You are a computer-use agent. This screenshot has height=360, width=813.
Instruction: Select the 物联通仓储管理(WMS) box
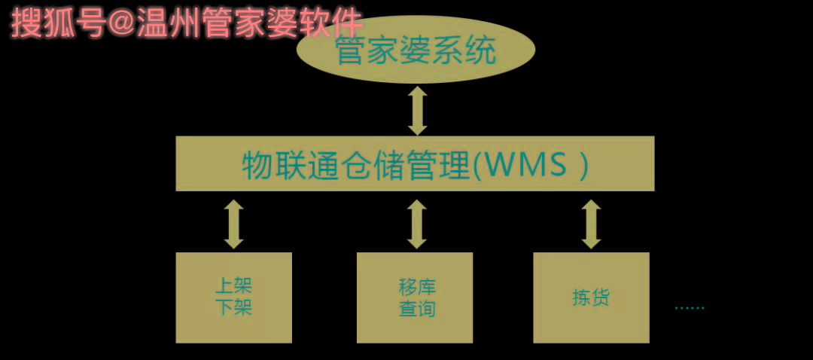[x=415, y=163]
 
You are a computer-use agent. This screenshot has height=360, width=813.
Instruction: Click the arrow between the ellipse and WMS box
[x=418, y=110]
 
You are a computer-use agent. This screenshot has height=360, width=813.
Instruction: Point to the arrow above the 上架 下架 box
[x=234, y=224]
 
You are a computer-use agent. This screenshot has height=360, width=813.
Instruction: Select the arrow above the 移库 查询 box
[x=417, y=224]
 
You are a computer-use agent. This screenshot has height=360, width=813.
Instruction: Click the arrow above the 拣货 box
[x=592, y=224]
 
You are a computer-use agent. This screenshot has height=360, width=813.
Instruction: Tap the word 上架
[x=233, y=286]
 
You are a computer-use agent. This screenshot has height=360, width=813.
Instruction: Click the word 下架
[x=233, y=307]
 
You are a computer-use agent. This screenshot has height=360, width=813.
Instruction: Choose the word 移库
[x=417, y=287]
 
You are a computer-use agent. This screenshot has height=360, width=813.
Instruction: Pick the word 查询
[x=417, y=309]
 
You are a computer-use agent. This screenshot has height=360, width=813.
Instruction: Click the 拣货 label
[x=591, y=297]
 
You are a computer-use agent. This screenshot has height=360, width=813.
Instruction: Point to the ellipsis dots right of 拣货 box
[x=689, y=307]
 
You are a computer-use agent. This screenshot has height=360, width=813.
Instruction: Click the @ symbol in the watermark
[x=120, y=23]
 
